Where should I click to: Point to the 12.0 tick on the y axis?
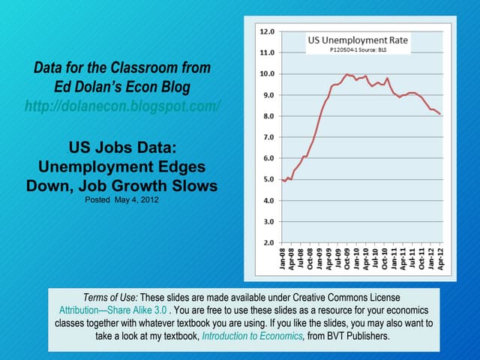click(x=266, y=32)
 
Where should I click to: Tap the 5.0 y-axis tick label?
click(x=266, y=180)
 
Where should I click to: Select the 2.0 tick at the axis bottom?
click(x=266, y=243)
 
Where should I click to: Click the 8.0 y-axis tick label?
click(x=266, y=116)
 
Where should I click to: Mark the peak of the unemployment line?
click(x=346, y=74)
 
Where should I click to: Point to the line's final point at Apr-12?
click(x=439, y=114)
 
